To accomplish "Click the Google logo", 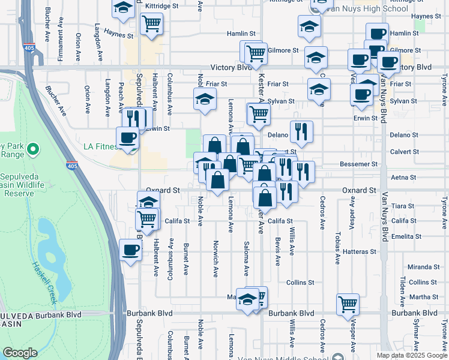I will (x=20, y=353).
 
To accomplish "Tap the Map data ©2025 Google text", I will (x=411, y=355).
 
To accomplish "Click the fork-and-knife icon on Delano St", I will (x=301, y=131).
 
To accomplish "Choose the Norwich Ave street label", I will (x=215, y=259).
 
